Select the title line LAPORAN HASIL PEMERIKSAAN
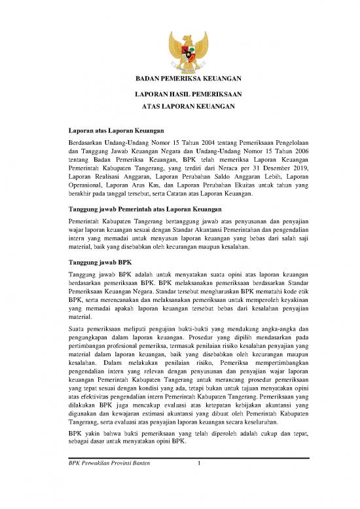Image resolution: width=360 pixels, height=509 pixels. tap(180, 94)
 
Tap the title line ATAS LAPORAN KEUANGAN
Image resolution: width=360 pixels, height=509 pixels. tap(180, 106)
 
